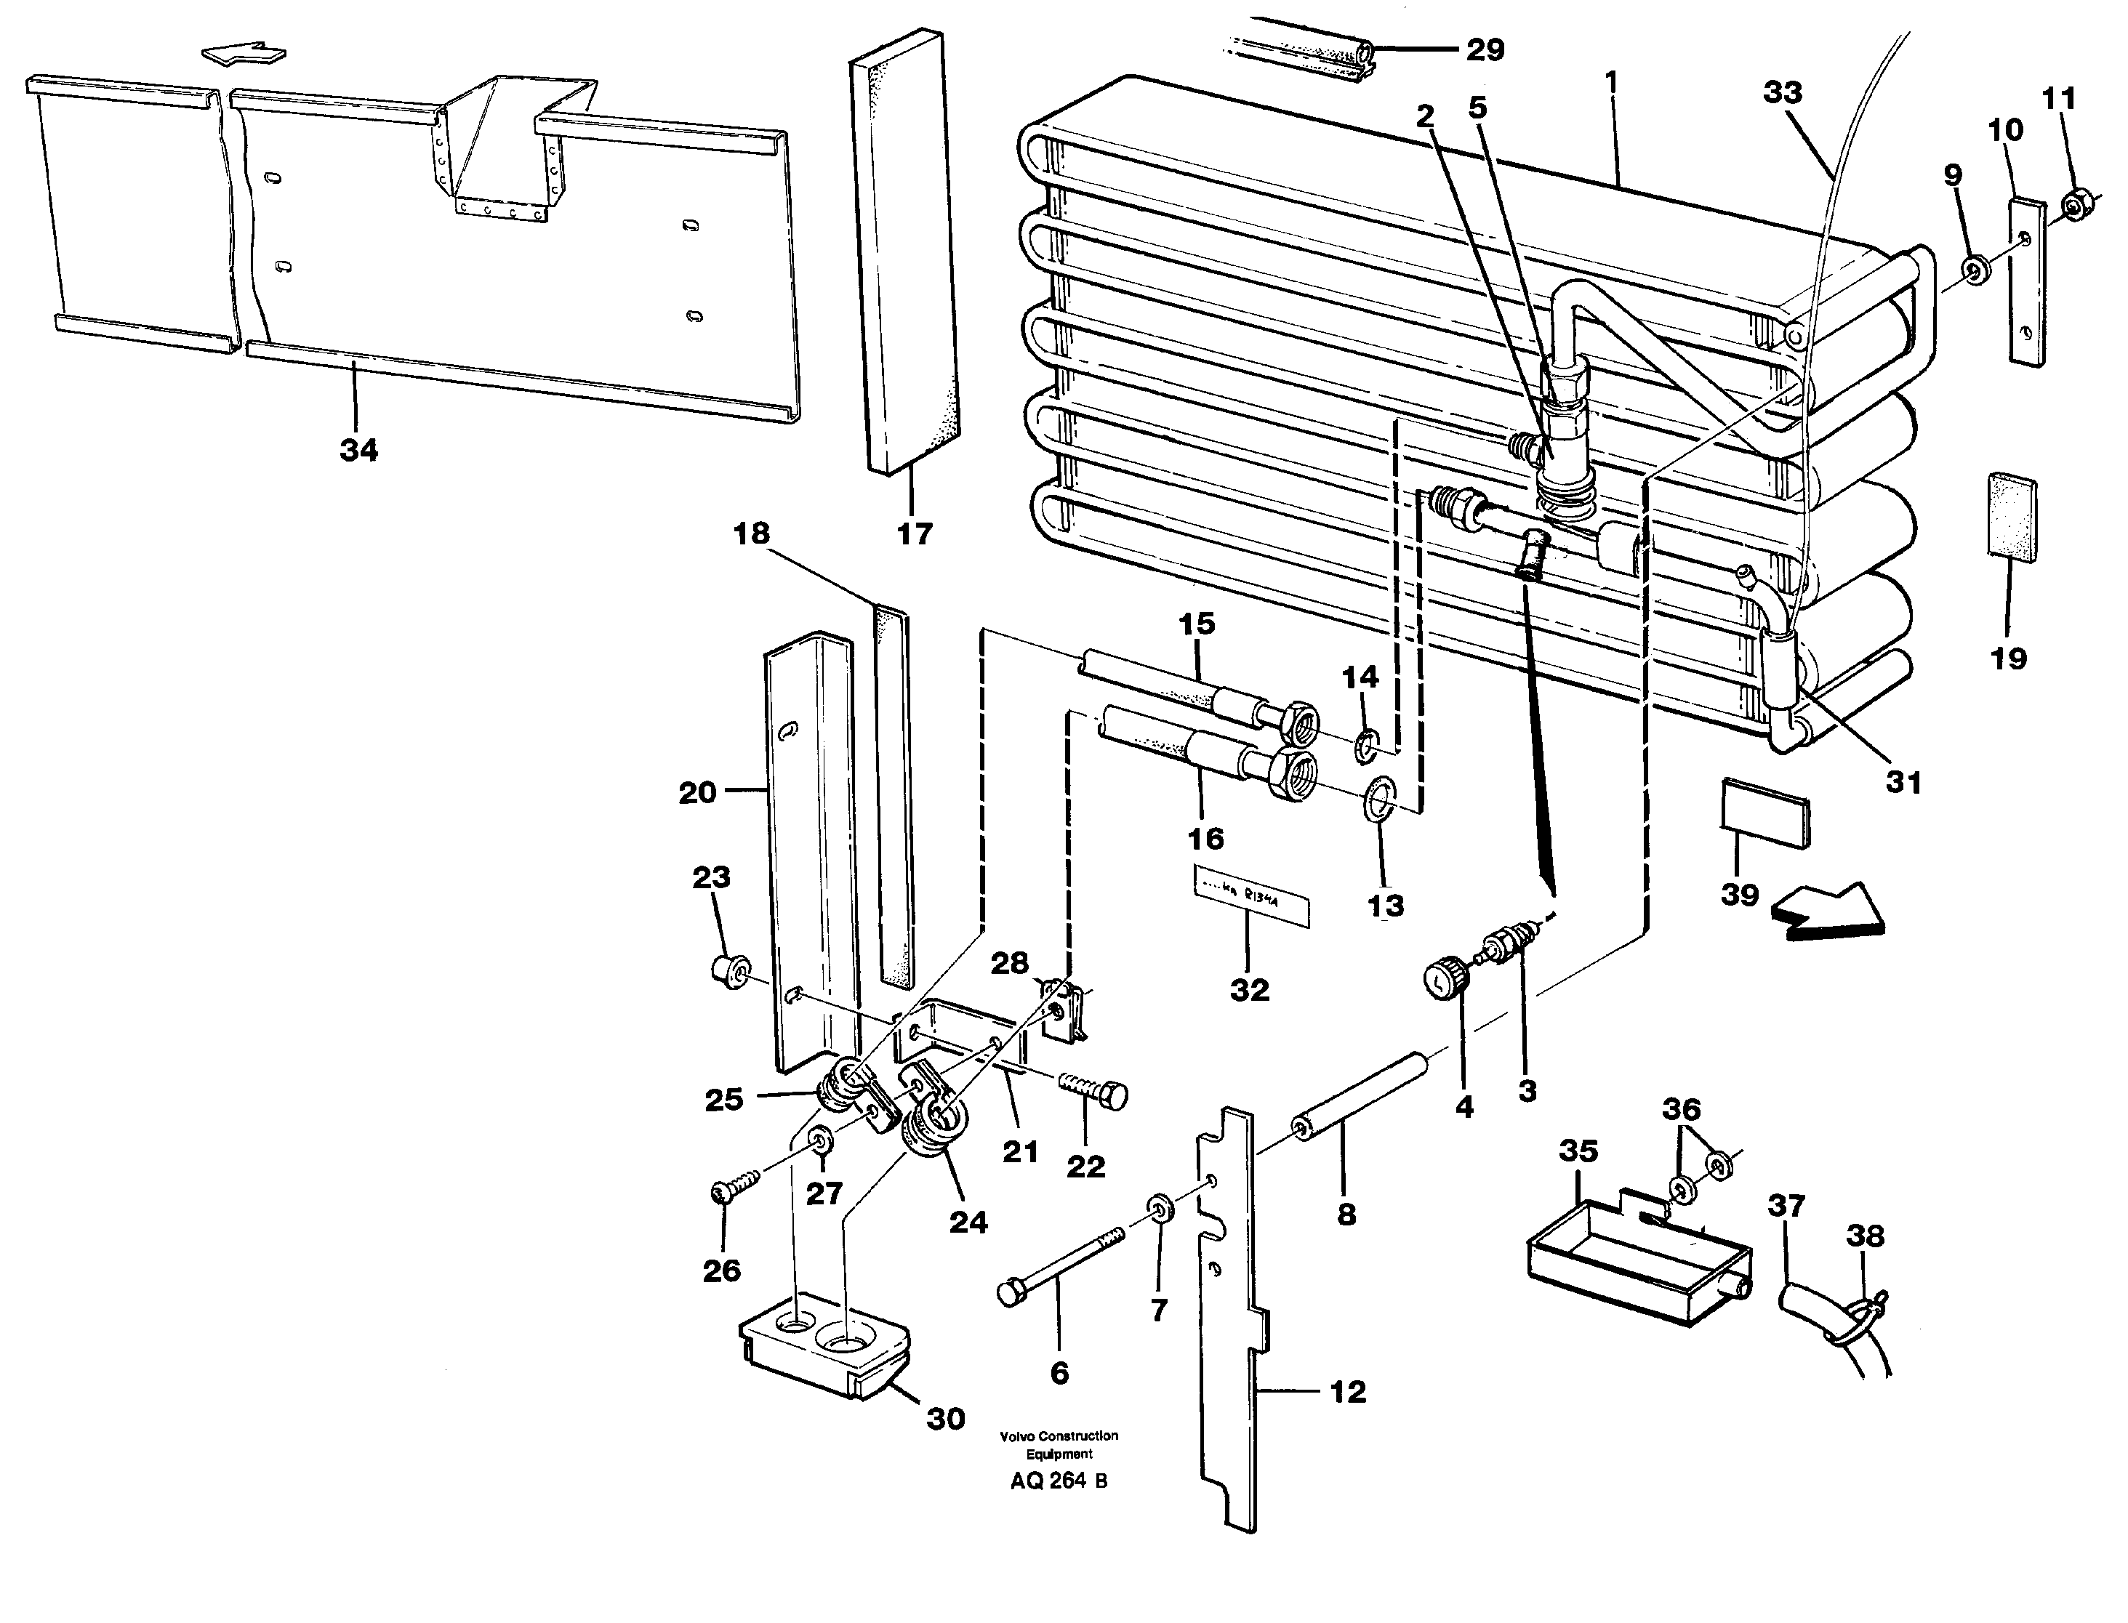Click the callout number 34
click(x=358, y=449)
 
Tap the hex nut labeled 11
click(x=2072, y=206)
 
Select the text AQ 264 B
click(x=1059, y=1481)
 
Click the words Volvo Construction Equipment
click(x=1059, y=1444)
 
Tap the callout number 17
click(x=913, y=533)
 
